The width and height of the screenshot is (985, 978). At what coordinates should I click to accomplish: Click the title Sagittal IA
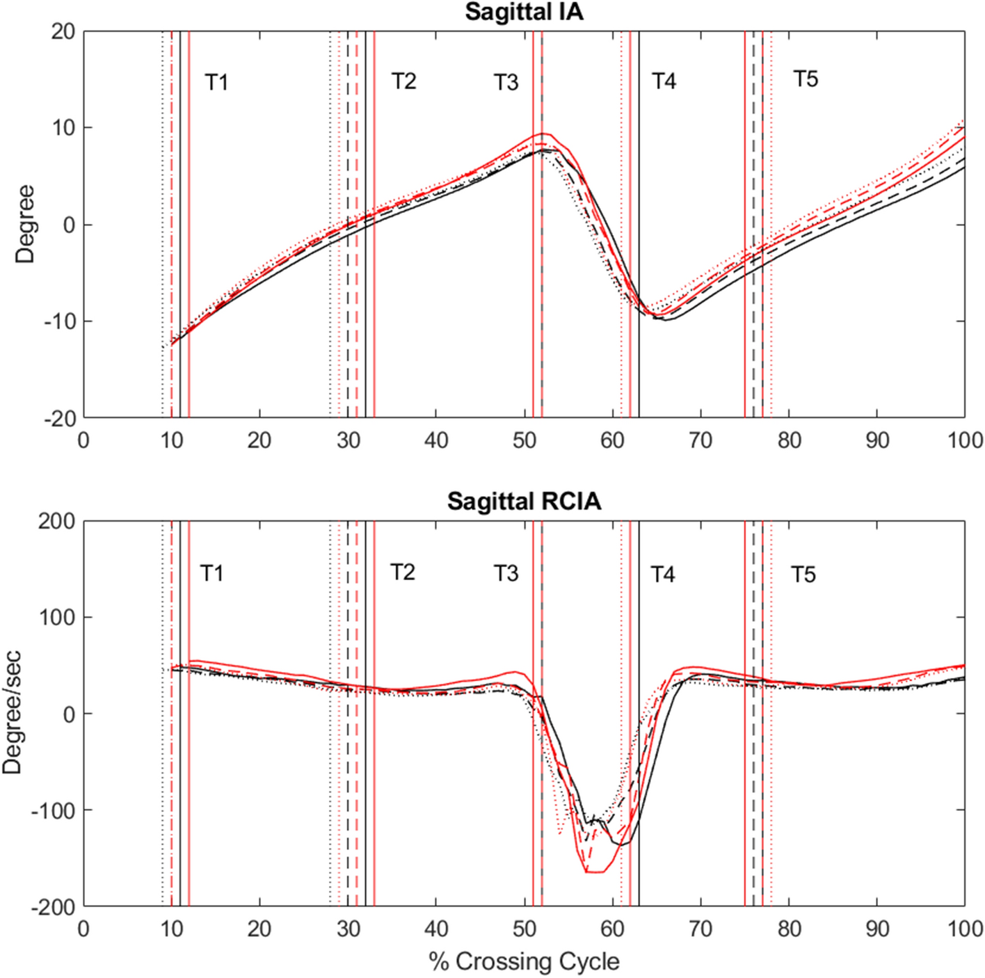524,12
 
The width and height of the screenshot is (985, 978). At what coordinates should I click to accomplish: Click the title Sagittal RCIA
524,501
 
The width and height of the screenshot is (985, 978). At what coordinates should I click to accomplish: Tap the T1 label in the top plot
216,83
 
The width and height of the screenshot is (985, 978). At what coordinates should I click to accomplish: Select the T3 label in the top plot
506,83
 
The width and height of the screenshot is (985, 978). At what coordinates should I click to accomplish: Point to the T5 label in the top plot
806,79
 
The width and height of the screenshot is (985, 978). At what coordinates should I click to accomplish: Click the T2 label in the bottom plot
403,572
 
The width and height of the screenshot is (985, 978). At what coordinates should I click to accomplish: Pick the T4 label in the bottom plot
663,575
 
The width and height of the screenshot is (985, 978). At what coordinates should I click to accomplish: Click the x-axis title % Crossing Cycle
524,961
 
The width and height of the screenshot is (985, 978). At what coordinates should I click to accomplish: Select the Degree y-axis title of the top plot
25,224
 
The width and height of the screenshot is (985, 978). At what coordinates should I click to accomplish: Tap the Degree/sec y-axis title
12,713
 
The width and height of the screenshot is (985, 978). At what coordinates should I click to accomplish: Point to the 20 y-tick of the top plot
63,31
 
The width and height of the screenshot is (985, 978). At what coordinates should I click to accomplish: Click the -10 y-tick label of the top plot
59,321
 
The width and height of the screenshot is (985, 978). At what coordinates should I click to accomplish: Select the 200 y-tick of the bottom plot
57,521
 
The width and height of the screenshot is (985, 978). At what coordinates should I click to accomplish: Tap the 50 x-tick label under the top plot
524,440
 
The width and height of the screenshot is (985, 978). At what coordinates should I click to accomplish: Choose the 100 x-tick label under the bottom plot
964,929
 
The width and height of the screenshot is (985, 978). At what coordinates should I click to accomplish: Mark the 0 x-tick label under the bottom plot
83,929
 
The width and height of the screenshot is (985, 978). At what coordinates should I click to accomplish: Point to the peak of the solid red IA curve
543,134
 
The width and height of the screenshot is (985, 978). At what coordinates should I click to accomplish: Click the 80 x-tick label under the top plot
789,440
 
